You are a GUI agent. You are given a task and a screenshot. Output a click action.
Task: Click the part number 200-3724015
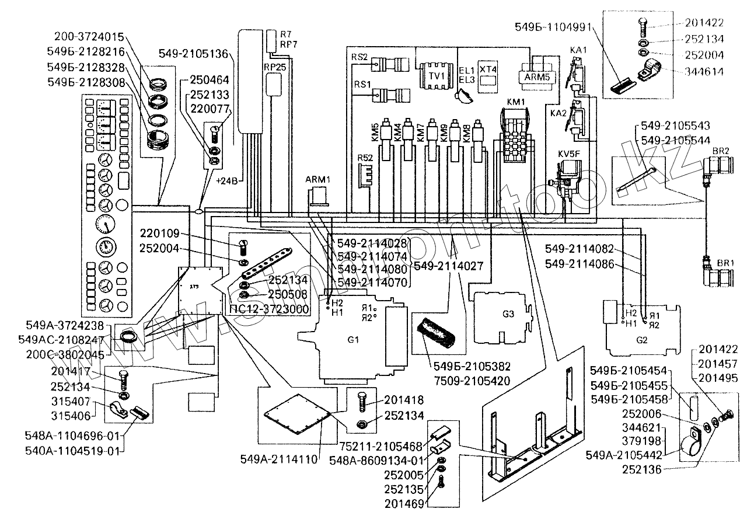[90, 36]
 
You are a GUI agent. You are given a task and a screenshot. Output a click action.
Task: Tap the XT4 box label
[488, 69]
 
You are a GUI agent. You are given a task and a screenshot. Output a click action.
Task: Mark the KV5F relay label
[569, 154]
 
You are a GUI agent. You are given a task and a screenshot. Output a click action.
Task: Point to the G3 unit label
[508, 314]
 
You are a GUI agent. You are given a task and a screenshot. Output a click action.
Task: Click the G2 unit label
[641, 339]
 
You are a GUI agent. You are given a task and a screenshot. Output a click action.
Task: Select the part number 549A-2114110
[278, 459]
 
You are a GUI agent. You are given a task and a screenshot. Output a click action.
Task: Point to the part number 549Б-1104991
[553, 26]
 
